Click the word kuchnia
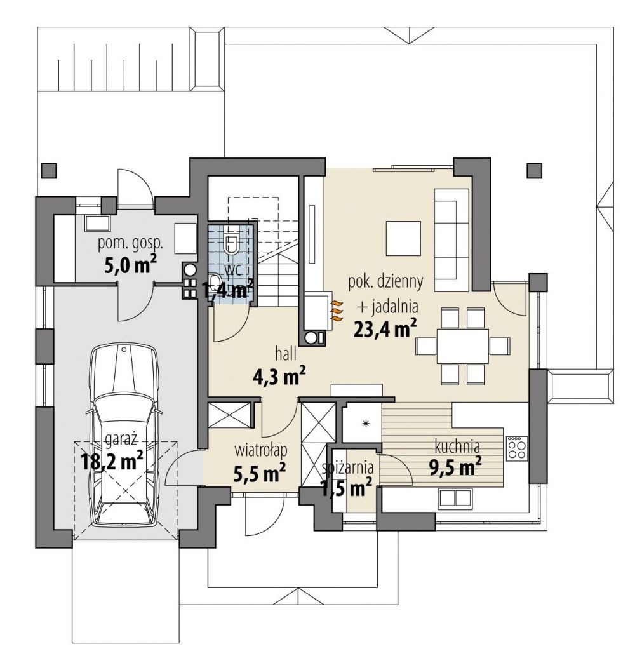click(457, 446)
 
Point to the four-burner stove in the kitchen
click(517, 448)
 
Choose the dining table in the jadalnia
click(462, 345)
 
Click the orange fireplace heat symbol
click(337, 311)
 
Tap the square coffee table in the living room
click(403, 238)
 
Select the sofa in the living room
click(452, 239)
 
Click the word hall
click(286, 354)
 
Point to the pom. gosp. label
click(130, 244)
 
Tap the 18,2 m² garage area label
click(112, 462)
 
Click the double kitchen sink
click(455, 499)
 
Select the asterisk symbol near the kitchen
click(365, 424)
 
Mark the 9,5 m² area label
click(455, 467)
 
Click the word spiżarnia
click(348, 467)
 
